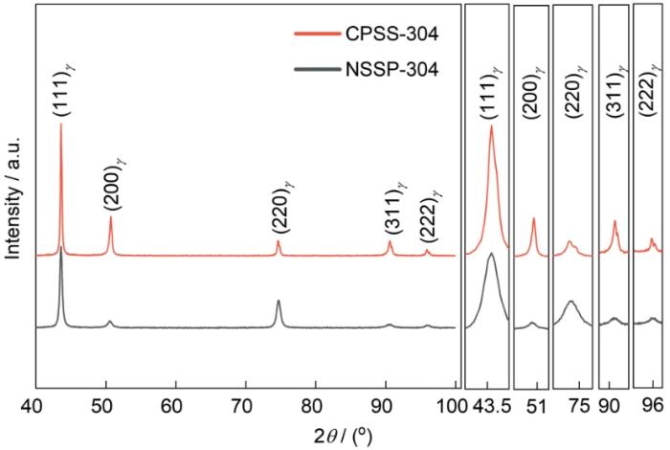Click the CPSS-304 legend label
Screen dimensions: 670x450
point(391,33)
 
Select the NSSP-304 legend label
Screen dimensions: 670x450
point(391,68)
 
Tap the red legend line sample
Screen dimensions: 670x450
point(318,33)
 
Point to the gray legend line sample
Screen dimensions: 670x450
point(318,68)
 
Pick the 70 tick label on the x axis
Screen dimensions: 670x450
point(245,406)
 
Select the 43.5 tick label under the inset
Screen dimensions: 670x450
point(491,406)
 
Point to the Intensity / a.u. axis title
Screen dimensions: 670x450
point(13,198)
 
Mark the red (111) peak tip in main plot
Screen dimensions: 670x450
point(60,124)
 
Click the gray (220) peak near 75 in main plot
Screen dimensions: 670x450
point(279,301)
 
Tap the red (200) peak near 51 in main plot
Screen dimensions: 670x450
point(111,216)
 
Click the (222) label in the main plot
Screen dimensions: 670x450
point(430,214)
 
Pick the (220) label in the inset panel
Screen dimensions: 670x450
point(574,90)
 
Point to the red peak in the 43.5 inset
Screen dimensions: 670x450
point(491,125)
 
